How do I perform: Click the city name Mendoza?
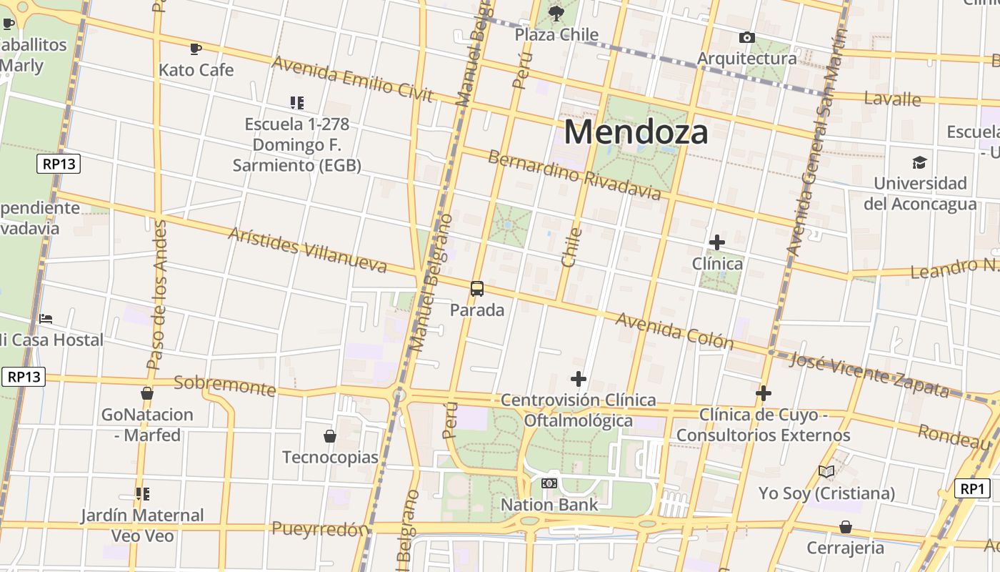click(636, 132)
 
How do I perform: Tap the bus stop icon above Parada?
click(477, 289)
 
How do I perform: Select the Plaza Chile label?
click(556, 34)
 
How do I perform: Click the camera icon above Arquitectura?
click(747, 37)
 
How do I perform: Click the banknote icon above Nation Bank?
click(549, 483)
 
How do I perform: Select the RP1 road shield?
click(972, 489)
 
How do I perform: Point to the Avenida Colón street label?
click(674, 330)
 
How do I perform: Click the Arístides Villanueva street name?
click(307, 250)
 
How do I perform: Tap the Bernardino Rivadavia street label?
click(574, 174)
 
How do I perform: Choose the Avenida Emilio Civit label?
click(352, 79)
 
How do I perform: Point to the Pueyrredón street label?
click(321, 529)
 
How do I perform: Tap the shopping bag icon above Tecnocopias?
click(330, 435)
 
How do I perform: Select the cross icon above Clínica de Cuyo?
click(764, 393)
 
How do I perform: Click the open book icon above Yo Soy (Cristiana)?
click(826, 471)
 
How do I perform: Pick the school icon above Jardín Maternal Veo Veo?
click(142, 493)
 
